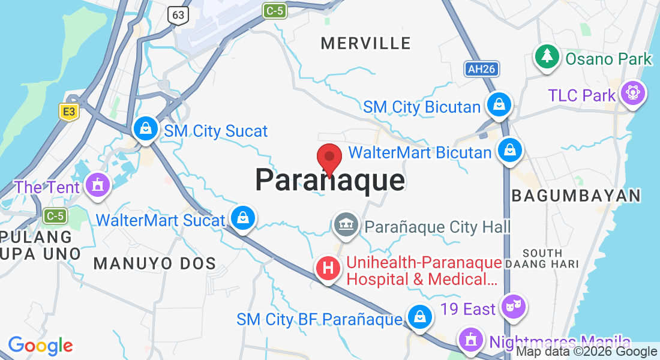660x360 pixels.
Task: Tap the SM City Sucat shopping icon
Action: coord(145,128)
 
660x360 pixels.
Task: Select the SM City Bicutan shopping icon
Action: coord(498,105)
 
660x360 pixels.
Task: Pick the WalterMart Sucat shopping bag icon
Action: coord(242,218)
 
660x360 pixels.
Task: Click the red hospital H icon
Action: coord(328,268)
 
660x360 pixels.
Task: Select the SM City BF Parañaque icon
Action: coord(419,317)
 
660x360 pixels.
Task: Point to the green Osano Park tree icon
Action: coord(547,57)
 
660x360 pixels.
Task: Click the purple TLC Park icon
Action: coord(632,93)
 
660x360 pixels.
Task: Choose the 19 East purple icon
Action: coord(513,307)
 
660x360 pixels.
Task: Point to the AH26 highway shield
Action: coord(481,69)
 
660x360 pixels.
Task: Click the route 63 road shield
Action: coord(178,15)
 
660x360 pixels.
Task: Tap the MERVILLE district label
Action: coord(365,43)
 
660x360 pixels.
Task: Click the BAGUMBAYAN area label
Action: coord(575,196)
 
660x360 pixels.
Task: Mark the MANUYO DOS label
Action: coord(155,263)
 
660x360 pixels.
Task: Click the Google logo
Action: coord(40,345)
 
